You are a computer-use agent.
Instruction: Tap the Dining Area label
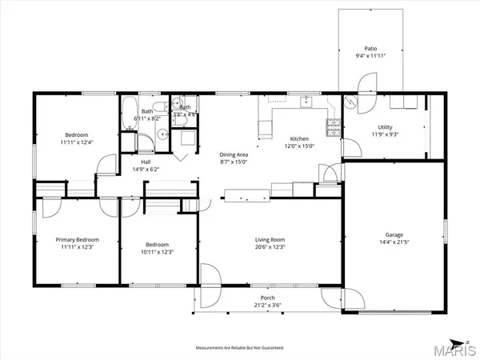pos(236,155)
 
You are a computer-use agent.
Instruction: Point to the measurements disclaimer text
pos(240,348)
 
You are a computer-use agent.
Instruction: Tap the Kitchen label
pos(299,138)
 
